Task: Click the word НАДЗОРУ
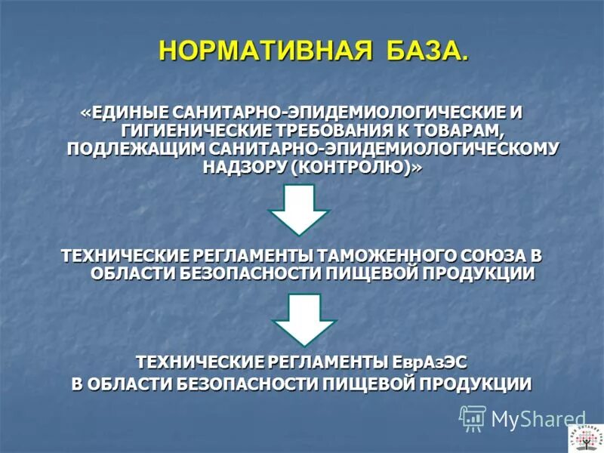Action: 244,167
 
